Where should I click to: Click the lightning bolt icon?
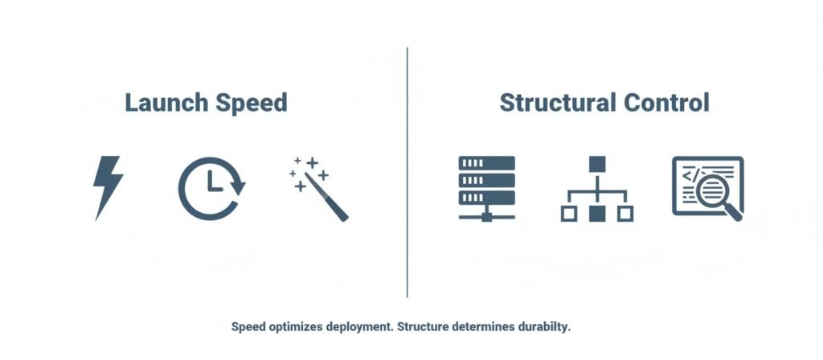coord(108,187)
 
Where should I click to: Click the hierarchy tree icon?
coord(596,190)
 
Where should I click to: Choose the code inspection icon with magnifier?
coord(707,187)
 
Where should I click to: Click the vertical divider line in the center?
coord(407,172)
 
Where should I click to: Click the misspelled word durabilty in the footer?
coord(543,328)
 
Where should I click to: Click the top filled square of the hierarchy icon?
coord(596,165)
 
